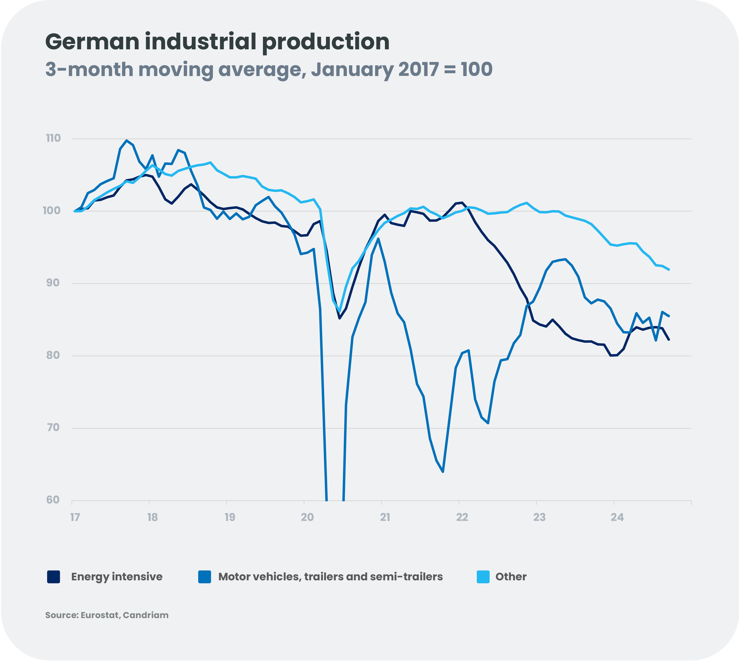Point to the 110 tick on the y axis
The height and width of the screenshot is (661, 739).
point(53,138)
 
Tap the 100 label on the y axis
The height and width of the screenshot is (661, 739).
point(52,211)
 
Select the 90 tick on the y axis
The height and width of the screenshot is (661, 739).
point(53,283)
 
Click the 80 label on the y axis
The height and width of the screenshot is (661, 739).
point(53,355)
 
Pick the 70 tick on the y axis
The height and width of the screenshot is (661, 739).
point(53,427)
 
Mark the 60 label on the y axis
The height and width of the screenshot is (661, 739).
point(53,500)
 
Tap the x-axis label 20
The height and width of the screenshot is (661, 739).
point(307,517)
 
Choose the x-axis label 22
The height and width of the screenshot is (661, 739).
point(462,517)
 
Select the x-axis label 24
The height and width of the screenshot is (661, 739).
point(617,517)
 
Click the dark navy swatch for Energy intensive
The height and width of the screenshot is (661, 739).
point(53,577)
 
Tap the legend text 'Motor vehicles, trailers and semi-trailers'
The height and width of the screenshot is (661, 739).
point(330,577)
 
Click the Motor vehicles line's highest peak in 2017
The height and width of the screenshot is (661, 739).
point(127,141)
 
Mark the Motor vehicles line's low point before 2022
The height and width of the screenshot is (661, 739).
point(443,472)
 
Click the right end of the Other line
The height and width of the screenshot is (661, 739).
point(669,269)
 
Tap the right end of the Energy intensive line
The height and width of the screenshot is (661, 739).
point(669,340)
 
